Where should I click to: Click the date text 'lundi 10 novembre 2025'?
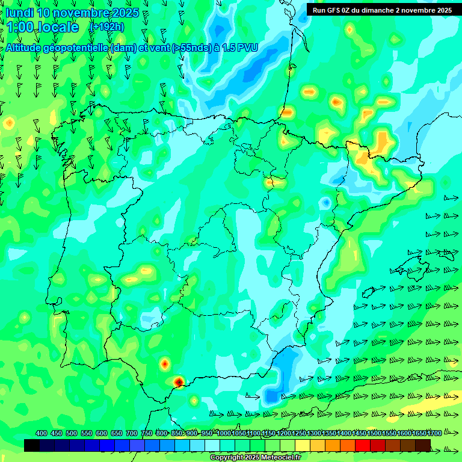coord(72,13)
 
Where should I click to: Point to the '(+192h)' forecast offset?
coord(106,27)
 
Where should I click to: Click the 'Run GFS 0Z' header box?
coord(382,10)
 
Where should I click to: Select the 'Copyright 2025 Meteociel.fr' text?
coord(256,458)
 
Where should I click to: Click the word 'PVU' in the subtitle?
coord(248,48)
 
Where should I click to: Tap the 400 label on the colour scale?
coord(42,433)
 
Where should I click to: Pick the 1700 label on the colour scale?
coord(419,433)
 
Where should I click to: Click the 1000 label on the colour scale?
coord(224,433)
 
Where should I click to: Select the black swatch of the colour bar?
coord(32,445)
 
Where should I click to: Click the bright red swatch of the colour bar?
coord(363,445)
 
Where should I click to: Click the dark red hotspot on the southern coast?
coord(179,381)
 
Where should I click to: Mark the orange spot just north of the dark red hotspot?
coord(164,363)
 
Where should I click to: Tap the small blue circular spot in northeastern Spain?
coord(326,203)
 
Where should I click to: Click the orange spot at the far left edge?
coord(9,122)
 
